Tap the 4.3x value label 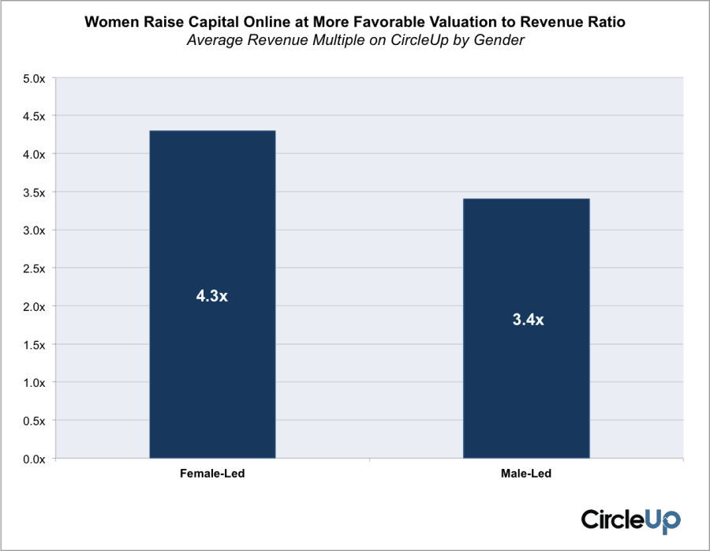(x=212, y=297)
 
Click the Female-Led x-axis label (x=211, y=474)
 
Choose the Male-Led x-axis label (x=526, y=474)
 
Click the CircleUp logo (x=630, y=519)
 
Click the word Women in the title (x=110, y=22)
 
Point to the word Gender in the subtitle (x=498, y=41)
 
